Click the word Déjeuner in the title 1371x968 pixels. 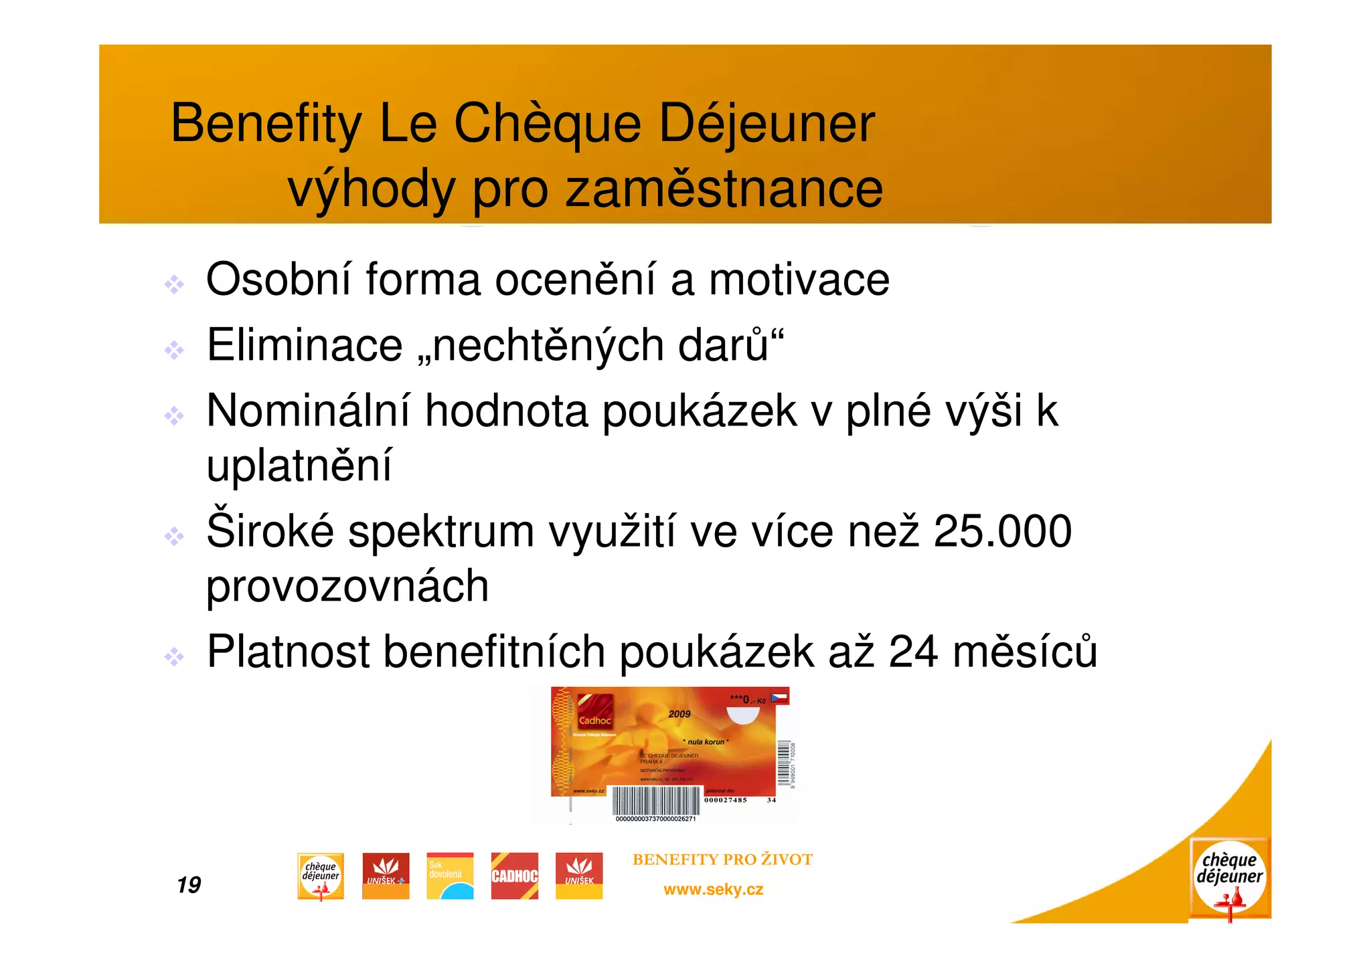point(767,124)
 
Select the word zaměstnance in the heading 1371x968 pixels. point(724,189)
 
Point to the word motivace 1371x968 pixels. point(799,280)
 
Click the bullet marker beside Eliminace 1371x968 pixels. point(174,350)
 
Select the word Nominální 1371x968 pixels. point(308,411)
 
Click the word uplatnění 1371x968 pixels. point(299,466)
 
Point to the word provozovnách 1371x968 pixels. point(347,586)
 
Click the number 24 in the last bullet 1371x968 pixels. point(913,652)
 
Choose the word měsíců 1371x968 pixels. point(1025,652)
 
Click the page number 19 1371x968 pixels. point(189,885)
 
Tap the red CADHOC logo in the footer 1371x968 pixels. point(514,876)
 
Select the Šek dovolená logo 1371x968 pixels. point(450,876)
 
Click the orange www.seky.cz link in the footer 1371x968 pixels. point(713,890)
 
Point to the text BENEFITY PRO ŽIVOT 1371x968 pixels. point(722,860)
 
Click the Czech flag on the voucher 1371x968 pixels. point(779,698)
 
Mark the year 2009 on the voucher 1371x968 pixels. point(679,714)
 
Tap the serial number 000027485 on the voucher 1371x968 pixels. point(725,800)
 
